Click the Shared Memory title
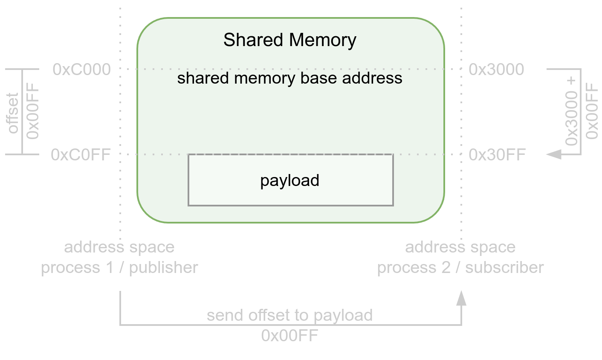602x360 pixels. click(289, 40)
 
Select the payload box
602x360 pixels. click(290, 180)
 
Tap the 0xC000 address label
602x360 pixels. click(81, 69)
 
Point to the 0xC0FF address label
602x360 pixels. click(81, 154)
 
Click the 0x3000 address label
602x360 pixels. click(496, 69)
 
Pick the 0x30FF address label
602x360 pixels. click(497, 154)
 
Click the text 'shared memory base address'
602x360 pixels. click(289, 78)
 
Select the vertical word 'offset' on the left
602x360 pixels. click(13, 113)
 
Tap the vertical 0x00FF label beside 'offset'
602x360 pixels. click(33, 111)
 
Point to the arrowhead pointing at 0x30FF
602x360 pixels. click(554, 154)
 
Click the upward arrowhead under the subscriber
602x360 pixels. click(461, 298)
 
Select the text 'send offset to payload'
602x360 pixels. click(289, 315)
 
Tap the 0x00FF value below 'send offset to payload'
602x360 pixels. click(289, 336)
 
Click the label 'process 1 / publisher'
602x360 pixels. click(119, 267)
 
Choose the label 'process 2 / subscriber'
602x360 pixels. click(460, 267)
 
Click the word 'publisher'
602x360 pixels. click(163, 267)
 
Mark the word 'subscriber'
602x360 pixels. click(504, 267)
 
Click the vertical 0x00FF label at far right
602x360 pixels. click(591, 111)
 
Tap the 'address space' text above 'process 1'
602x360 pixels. click(119, 247)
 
